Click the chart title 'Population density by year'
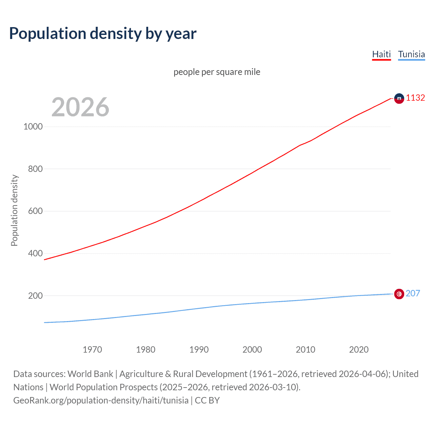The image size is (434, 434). point(103,34)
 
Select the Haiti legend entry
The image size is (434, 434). point(381,54)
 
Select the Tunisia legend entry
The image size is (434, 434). point(411,54)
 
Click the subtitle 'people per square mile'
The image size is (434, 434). point(217,72)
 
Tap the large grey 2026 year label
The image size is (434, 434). point(80,107)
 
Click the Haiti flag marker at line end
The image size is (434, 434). point(399,98)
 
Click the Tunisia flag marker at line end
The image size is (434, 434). point(399,294)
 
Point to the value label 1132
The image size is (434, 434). point(415,98)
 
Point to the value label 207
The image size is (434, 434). point(413,293)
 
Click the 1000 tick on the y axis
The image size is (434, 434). point(33,127)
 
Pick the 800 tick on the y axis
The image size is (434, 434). point(35,169)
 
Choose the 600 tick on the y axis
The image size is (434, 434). point(35,211)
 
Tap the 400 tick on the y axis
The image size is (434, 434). point(35,253)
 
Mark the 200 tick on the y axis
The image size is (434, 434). point(35,296)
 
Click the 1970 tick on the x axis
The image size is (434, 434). point(92,350)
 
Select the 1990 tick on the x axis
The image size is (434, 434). point(199,350)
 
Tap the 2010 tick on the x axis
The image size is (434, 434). point(305,350)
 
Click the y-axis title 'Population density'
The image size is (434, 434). point(14,210)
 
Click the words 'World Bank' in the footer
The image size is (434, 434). point(90,374)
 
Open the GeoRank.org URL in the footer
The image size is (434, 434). point(101,400)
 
